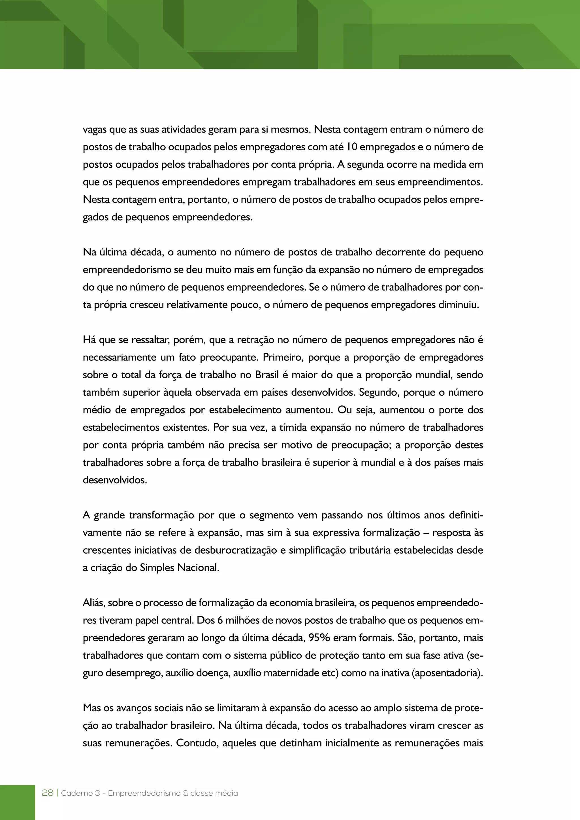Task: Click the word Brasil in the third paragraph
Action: pyautogui.click(x=267, y=375)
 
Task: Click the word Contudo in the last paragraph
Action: pyautogui.click(x=197, y=743)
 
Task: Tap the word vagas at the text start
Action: pyautogui.click(x=95, y=130)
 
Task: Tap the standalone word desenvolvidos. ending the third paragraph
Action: pyautogui.click(x=115, y=480)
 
